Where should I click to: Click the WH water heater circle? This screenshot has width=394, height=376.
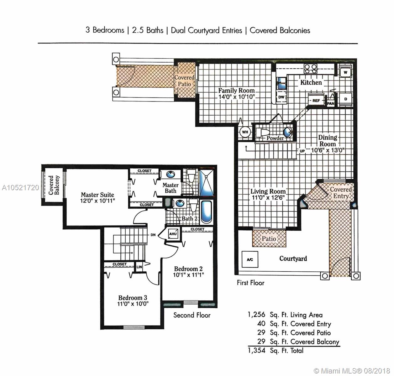click(x=245, y=132)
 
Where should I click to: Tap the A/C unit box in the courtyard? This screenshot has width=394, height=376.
click(x=250, y=259)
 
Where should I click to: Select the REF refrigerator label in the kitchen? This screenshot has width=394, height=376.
click(x=316, y=100)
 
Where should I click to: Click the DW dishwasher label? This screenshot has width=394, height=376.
click(x=281, y=97)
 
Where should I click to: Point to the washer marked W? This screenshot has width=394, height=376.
click(x=345, y=72)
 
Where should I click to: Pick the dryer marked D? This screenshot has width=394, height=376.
click(x=345, y=99)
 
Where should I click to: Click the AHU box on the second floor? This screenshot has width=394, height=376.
click(x=173, y=234)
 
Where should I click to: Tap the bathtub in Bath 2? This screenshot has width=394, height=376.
click(x=206, y=212)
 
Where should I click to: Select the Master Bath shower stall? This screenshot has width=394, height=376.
click(x=206, y=183)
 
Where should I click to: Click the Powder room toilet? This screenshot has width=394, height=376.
click(x=263, y=132)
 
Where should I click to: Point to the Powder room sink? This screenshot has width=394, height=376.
click(x=287, y=132)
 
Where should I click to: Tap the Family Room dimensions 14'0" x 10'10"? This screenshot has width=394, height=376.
click(x=236, y=97)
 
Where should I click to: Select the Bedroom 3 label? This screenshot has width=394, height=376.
click(x=133, y=298)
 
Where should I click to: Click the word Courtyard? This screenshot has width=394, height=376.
click(x=293, y=258)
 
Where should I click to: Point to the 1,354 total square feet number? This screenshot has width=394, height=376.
click(x=256, y=350)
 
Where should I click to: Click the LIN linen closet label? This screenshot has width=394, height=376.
click(x=139, y=267)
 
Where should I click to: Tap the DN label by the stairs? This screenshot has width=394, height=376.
click(x=153, y=235)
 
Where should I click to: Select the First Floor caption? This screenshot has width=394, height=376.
click(x=251, y=283)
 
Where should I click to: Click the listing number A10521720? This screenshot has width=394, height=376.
click(x=20, y=188)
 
